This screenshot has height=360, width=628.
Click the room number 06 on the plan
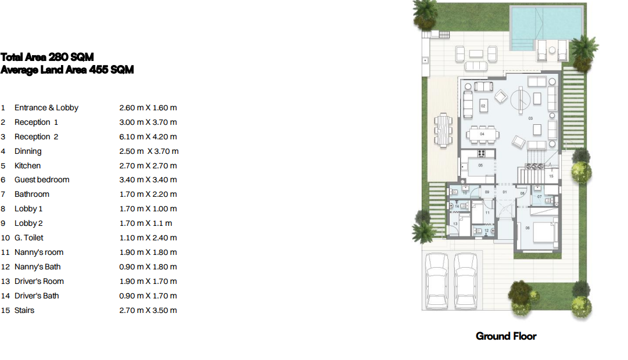click(527, 228)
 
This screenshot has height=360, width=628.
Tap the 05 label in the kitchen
click(480, 165)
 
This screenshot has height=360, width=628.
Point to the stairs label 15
click(551, 176)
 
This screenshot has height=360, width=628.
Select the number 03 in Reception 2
click(530, 118)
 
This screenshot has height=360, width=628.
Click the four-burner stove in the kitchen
click(482, 153)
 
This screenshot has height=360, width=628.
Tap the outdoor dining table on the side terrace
click(443, 129)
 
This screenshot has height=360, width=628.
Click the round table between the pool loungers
click(552, 50)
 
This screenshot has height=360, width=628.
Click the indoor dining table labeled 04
click(482, 135)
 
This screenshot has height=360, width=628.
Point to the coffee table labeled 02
click(483, 106)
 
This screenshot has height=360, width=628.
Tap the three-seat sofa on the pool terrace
click(476, 66)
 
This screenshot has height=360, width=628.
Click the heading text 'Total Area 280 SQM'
click(47, 57)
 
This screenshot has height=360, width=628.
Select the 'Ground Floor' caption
click(506, 336)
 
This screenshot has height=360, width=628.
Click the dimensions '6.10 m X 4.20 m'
click(148, 136)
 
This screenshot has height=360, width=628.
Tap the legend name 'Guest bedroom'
click(42, 180)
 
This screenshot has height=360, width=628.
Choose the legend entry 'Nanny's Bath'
click(37, 267)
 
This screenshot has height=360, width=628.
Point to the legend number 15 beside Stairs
click(5, 310)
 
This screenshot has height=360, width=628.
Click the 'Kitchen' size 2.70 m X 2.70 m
click(148, 165)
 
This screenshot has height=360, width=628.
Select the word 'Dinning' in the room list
click(28, 152)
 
